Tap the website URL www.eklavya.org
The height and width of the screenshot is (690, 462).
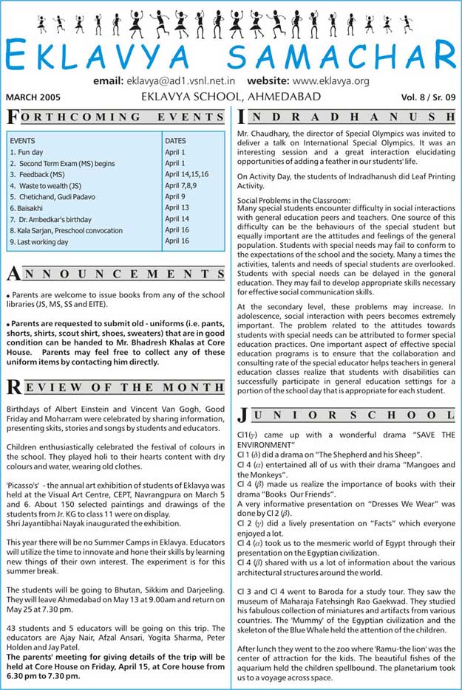coord(330,80)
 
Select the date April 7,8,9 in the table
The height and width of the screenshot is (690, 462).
coord(181,185)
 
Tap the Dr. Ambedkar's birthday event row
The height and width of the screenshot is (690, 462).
coord(51,220)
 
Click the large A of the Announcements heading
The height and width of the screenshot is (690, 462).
coord(13,275)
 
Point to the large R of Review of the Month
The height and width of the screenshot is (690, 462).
coord(13,387)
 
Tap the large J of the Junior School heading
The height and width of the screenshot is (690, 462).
coord(243,416)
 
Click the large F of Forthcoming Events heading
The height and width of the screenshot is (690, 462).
coord(13,117)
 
